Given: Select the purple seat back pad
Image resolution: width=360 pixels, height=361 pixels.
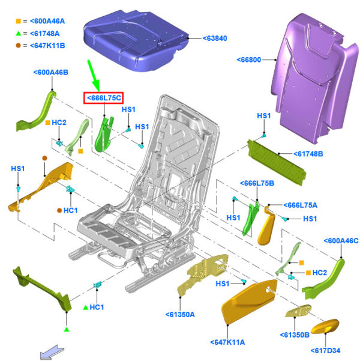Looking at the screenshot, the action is pyautogui.click(x=315, y=78).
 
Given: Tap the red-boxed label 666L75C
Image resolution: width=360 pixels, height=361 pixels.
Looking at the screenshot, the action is pyautogui.click(x=104, y=98).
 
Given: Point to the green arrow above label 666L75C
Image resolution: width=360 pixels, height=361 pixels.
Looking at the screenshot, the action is pyautogui.click(x=94, y=76).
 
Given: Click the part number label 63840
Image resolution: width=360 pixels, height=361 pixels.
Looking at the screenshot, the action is pyautogui.click(x=215, y=38).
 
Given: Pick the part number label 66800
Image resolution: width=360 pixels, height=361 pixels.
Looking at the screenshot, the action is pyautogui.click(x=249, y=60).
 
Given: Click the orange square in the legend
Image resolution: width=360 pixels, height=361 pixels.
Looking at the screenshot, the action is pyautogui.click(x=18, y=21).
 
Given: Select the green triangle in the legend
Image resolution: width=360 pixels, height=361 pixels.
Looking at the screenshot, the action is pyautogui.click(x=19, y=34).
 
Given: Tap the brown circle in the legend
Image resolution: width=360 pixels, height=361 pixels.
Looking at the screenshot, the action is pyautogui.click(x=18, y=46).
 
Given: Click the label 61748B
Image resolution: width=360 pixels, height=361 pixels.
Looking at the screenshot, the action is pyautogui.click(x=308, y=154).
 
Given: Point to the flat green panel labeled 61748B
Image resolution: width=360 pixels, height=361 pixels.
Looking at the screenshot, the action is pyautogui.click(x=277, y=162).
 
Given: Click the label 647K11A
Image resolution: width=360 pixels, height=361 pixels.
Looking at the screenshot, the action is pyautogui.click(x=227, y=342).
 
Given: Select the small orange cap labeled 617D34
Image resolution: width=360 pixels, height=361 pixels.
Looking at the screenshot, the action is pyautogui.click(x=325, y=326).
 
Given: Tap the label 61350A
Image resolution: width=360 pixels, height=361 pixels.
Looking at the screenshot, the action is pyautogui.click(x=180, y=315).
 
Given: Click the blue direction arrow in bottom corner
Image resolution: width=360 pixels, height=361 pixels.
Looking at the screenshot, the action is pyautogui.click(x=52, y=351).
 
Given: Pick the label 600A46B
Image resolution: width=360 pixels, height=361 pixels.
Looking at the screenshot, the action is pyautogui.click(x=51, y=72).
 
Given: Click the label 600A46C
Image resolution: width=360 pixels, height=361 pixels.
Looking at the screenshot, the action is pyautogui.click(x=341, y=241).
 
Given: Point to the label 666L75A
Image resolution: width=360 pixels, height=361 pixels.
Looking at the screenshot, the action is pyautogui.click(x=300, y=205).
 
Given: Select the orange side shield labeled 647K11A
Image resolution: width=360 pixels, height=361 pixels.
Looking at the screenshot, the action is pyautogui.click(x=249, y=302).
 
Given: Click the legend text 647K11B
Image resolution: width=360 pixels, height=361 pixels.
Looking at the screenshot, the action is pyautogui.click(x=47, y=46).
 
